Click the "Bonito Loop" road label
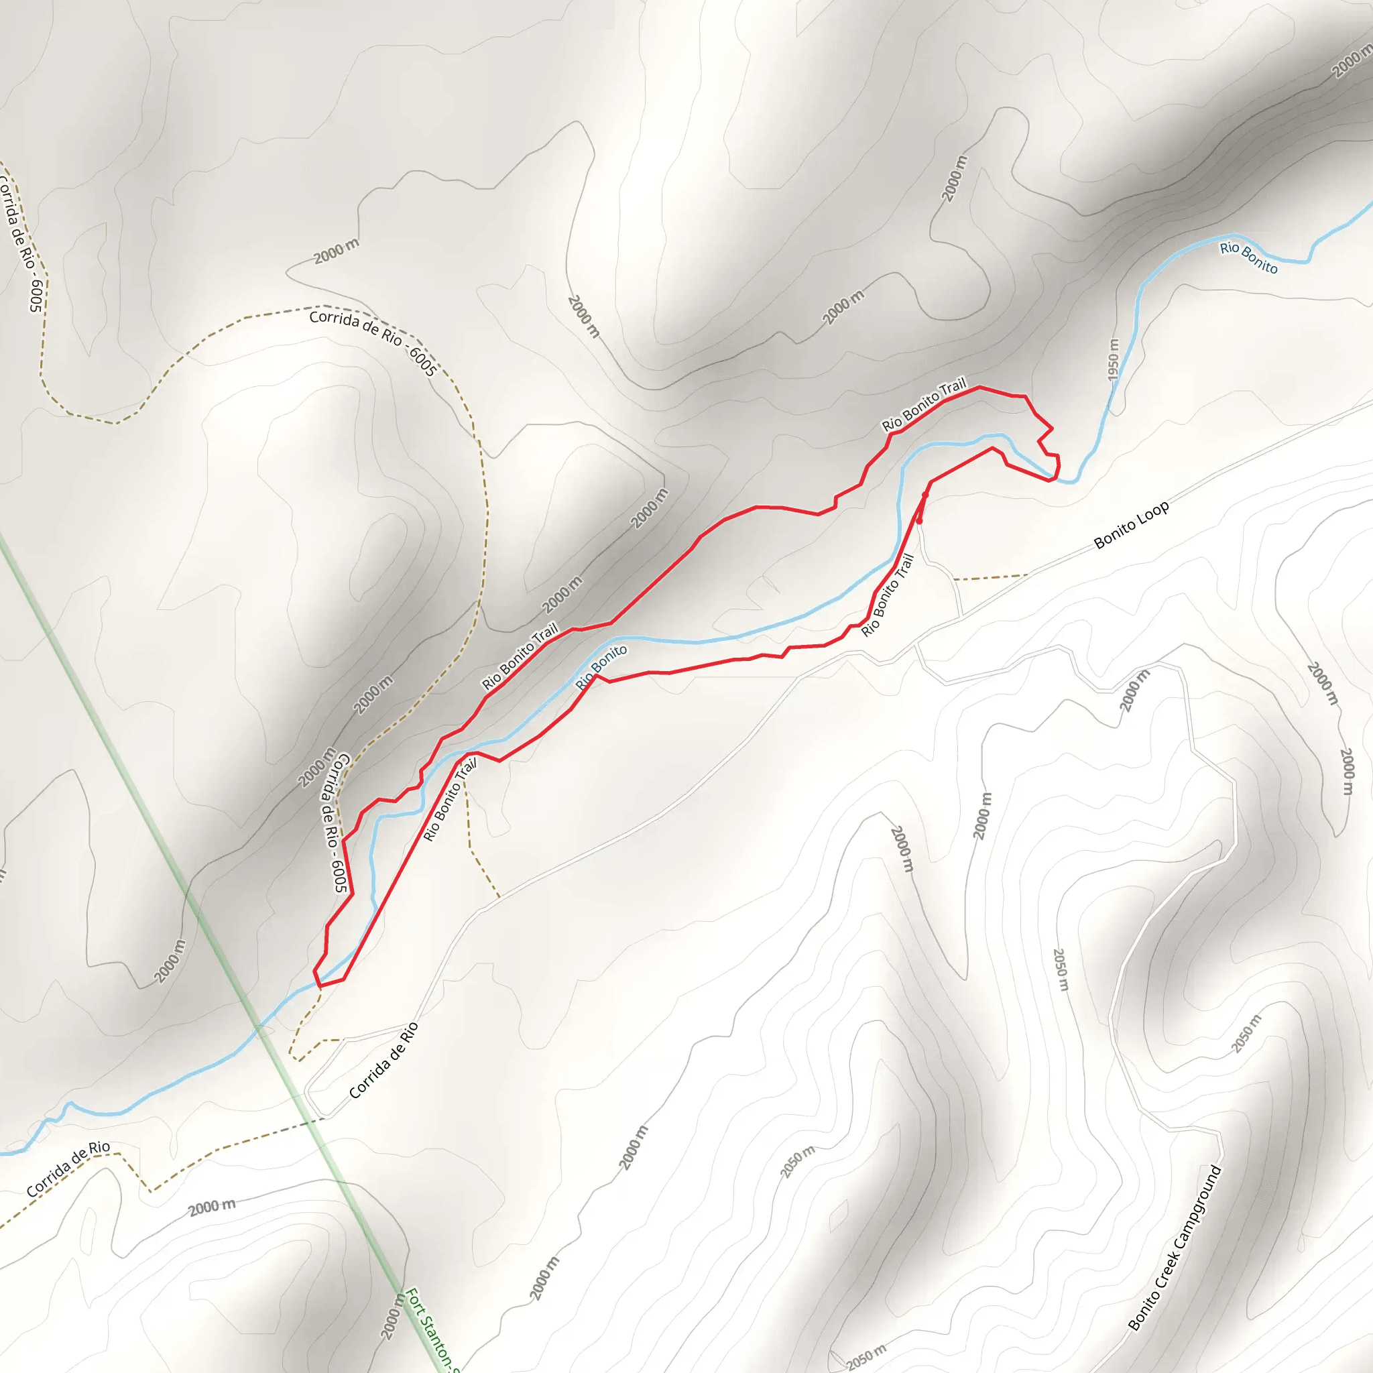1132,525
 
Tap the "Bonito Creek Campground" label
1175,1247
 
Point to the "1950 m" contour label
1114,359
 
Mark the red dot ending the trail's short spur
919,521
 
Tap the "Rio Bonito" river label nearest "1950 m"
1248,257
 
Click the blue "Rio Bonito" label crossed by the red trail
601,667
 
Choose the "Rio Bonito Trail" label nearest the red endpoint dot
887,595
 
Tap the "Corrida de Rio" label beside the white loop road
383,1061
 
